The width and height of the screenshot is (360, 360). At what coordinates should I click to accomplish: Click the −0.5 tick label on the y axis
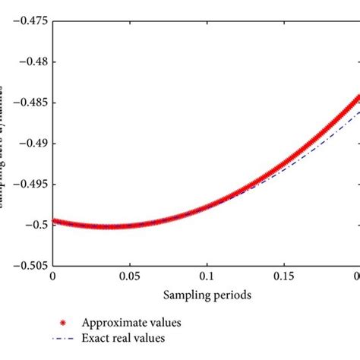click(x=34, y=224)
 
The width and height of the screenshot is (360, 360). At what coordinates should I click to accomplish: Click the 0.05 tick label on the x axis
click(x=130, y=277)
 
